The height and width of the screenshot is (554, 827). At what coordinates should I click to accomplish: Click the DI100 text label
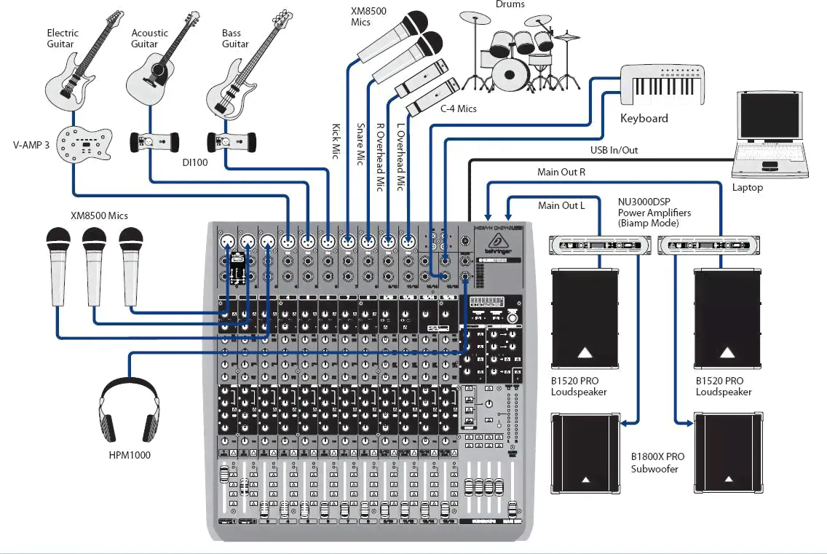click(195, 162)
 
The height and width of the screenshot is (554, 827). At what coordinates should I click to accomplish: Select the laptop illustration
click(771, 135)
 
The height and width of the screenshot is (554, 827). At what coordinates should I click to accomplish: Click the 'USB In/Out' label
click(614, 150)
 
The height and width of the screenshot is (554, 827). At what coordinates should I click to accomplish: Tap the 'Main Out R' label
click(561, 173)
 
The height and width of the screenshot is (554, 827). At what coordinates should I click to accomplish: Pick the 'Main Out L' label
click(561, 205)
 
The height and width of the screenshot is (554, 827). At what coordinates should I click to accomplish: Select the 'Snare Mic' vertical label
click(360, 144)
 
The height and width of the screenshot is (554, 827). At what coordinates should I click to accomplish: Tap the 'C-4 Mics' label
click(459, 108)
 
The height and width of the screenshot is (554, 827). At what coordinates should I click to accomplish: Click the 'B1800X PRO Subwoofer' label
click(657, 463)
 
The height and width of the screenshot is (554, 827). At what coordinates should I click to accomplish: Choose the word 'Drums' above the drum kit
click(510, 4)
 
